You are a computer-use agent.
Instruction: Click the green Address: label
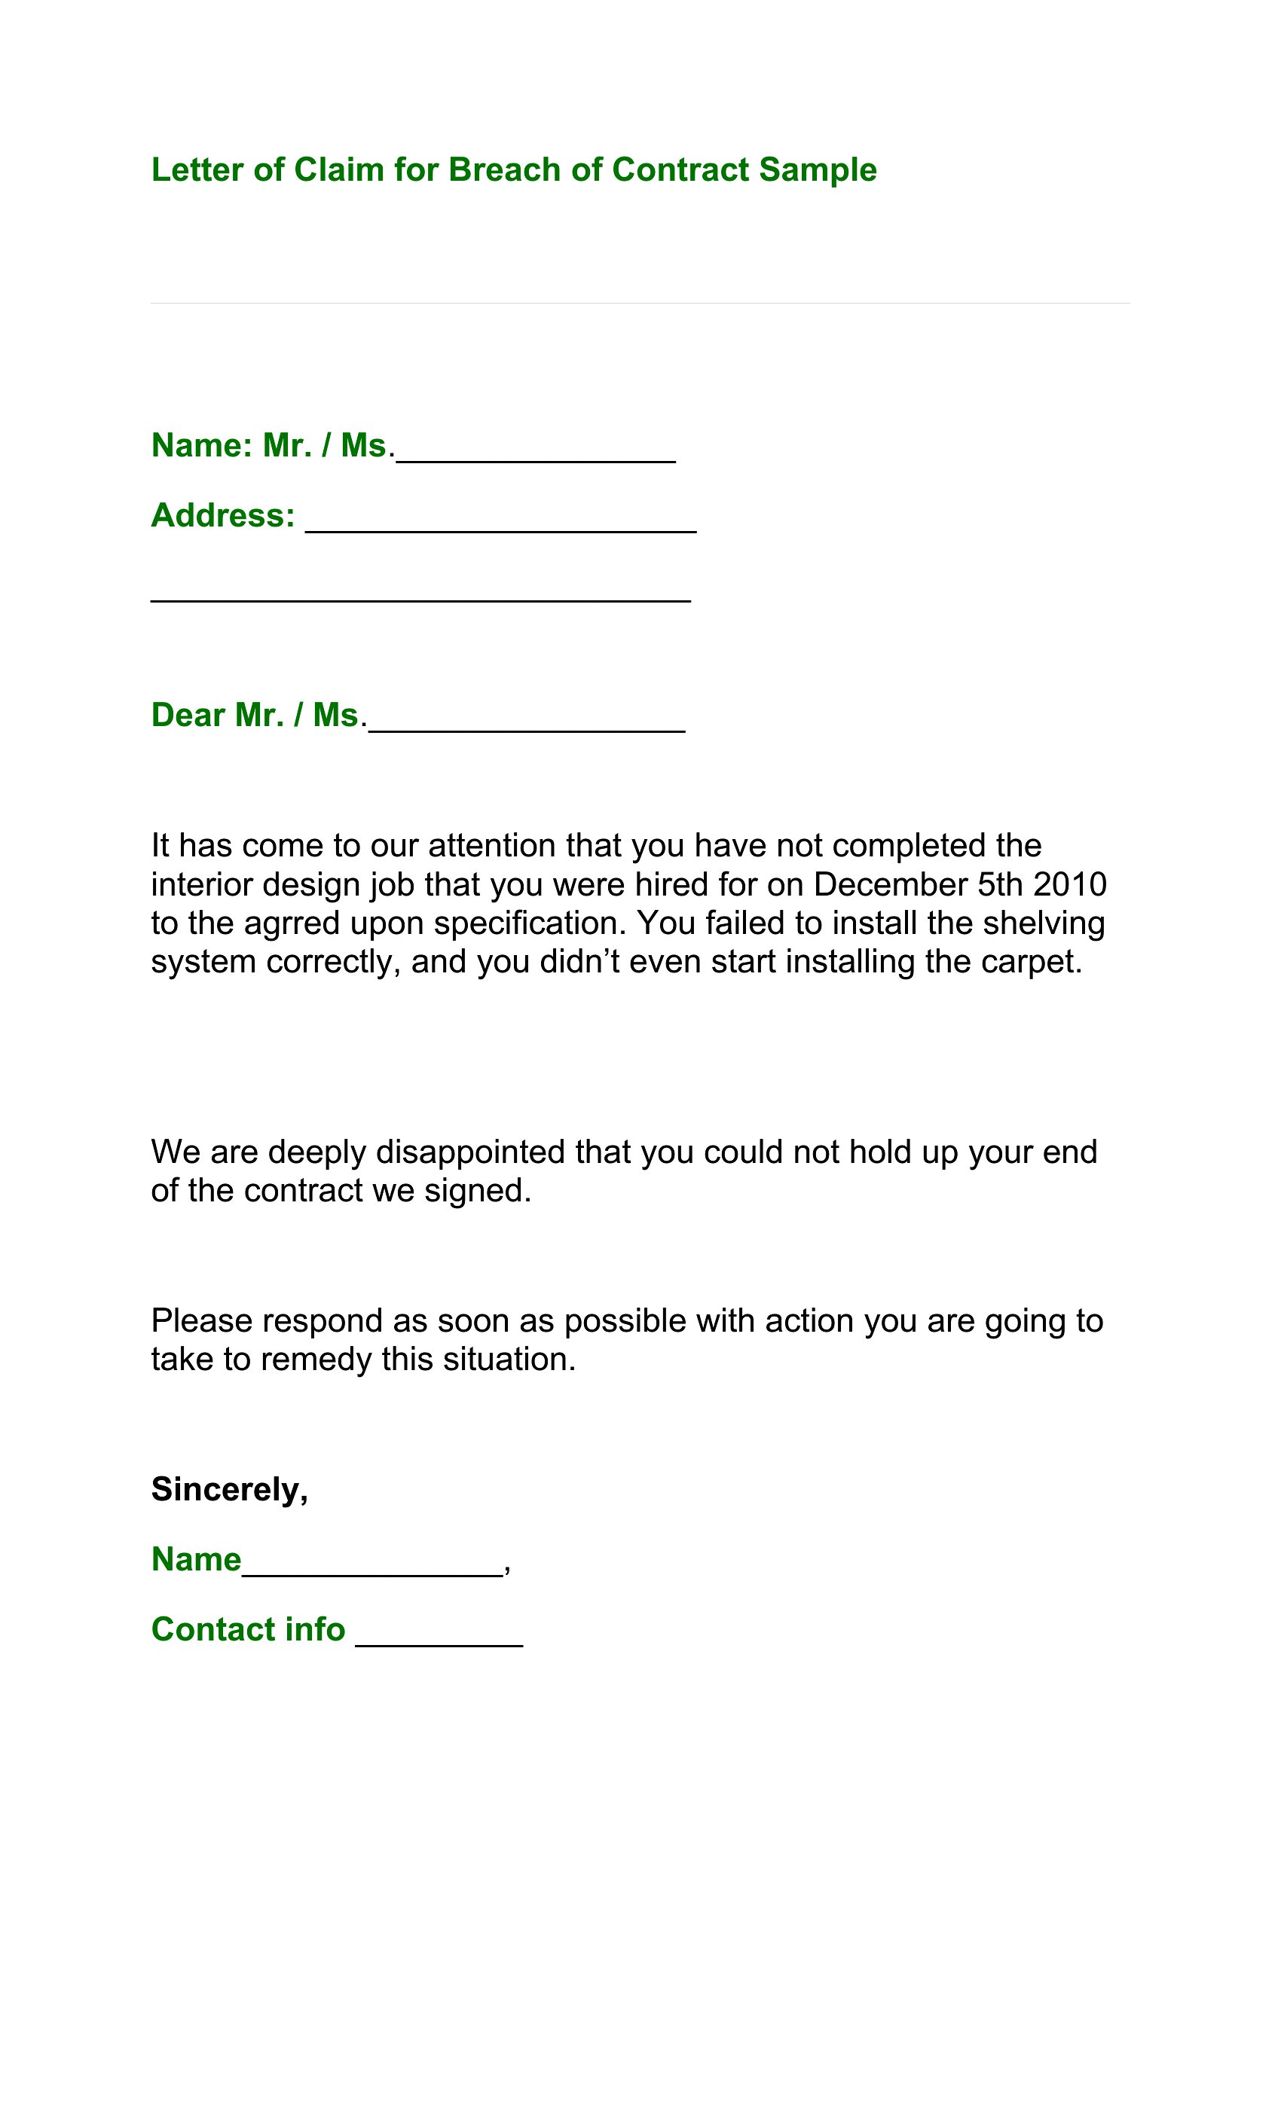(222, 515)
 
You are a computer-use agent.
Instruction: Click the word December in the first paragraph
(890, 884)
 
